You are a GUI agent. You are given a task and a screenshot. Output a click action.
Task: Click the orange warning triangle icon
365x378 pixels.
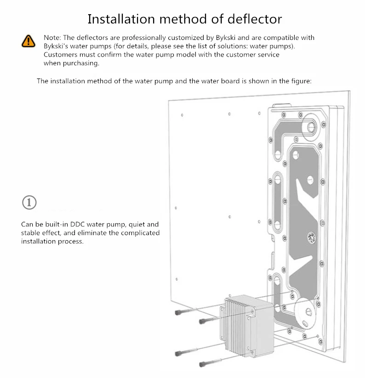point(29,41)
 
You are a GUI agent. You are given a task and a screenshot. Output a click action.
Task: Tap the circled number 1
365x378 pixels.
point(29,202)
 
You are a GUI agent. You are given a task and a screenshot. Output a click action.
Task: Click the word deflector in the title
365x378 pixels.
point(255,19)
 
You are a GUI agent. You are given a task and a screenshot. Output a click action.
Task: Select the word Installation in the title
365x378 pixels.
point(121,19)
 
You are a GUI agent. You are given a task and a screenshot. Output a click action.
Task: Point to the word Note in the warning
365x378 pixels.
point(51,38)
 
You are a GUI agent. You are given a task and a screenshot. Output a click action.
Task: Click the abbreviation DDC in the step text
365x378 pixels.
point(77,224)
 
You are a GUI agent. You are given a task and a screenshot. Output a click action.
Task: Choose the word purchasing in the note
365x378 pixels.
point(81,63)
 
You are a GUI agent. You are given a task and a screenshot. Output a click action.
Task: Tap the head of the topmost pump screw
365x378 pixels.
point(178,312)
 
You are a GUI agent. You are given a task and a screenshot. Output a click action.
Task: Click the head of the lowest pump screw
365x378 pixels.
point(202,364)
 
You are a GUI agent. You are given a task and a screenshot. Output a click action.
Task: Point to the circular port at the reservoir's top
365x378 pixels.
point(311,127)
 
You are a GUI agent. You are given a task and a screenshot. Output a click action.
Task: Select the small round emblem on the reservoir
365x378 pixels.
point(311,237)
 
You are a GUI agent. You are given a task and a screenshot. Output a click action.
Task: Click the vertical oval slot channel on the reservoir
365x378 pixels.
point(278,201)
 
